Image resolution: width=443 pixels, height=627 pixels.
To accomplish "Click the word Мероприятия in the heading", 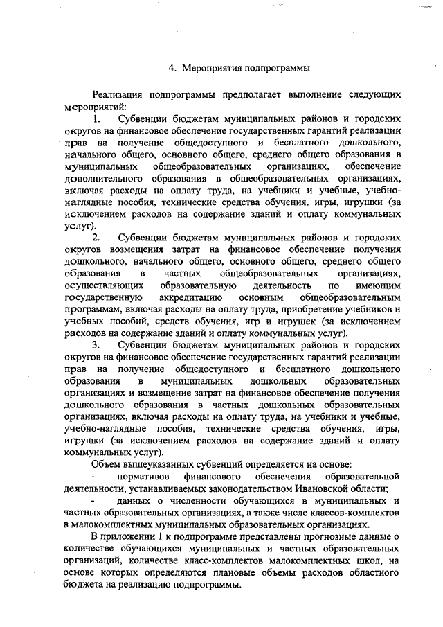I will pos(215,68).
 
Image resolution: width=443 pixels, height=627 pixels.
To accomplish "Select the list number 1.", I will pos(96,120).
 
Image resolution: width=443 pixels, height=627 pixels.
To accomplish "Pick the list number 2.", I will pos(96,238).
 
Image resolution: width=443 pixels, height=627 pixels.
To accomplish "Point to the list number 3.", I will pos(96,344).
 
